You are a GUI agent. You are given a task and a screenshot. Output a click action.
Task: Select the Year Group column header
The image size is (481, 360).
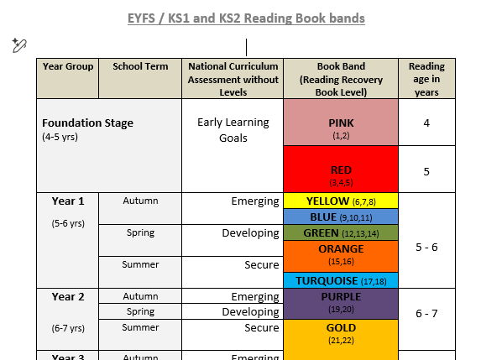pyautogui.click(x=68, y=66)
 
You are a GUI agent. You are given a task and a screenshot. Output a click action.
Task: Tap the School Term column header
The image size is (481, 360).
pyautogui.click(x=139, y=66)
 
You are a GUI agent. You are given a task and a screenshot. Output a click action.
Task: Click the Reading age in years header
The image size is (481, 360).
pyautogui.click(x=426, y=79)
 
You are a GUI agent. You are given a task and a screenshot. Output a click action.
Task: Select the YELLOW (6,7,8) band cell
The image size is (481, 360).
pyautogui.click(x=341, y=201)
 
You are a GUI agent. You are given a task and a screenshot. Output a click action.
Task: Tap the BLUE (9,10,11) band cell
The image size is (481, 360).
pyautogui.click(x=341, y=217)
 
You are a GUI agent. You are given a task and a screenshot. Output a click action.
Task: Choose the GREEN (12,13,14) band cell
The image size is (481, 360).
pyautogui.click(x=341, y=232)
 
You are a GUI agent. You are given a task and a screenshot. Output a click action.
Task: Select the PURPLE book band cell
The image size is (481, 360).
pyautogui.click(x=341, y=302)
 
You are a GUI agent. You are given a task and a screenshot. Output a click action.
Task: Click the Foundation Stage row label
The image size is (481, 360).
pyautogui.click(x=88, y=123)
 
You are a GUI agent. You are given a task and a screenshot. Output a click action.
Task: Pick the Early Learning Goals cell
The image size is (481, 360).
pyautogui.click(x=233, y=130)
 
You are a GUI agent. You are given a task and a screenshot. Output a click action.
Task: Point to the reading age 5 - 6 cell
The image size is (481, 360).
pyautogui.click(x=426, y=248)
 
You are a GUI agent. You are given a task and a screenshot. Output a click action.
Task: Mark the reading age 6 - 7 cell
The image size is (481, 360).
pyautogui.click(x=426, y=313)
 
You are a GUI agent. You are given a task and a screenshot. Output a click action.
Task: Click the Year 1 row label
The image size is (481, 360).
pyautogui.click(x=68, y=201)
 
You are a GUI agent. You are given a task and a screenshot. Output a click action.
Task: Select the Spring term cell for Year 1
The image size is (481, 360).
pyautogui.click(x=139, y=232)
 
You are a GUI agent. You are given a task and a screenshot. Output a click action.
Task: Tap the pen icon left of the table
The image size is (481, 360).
pyautogui.click(x=19, y=45)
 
